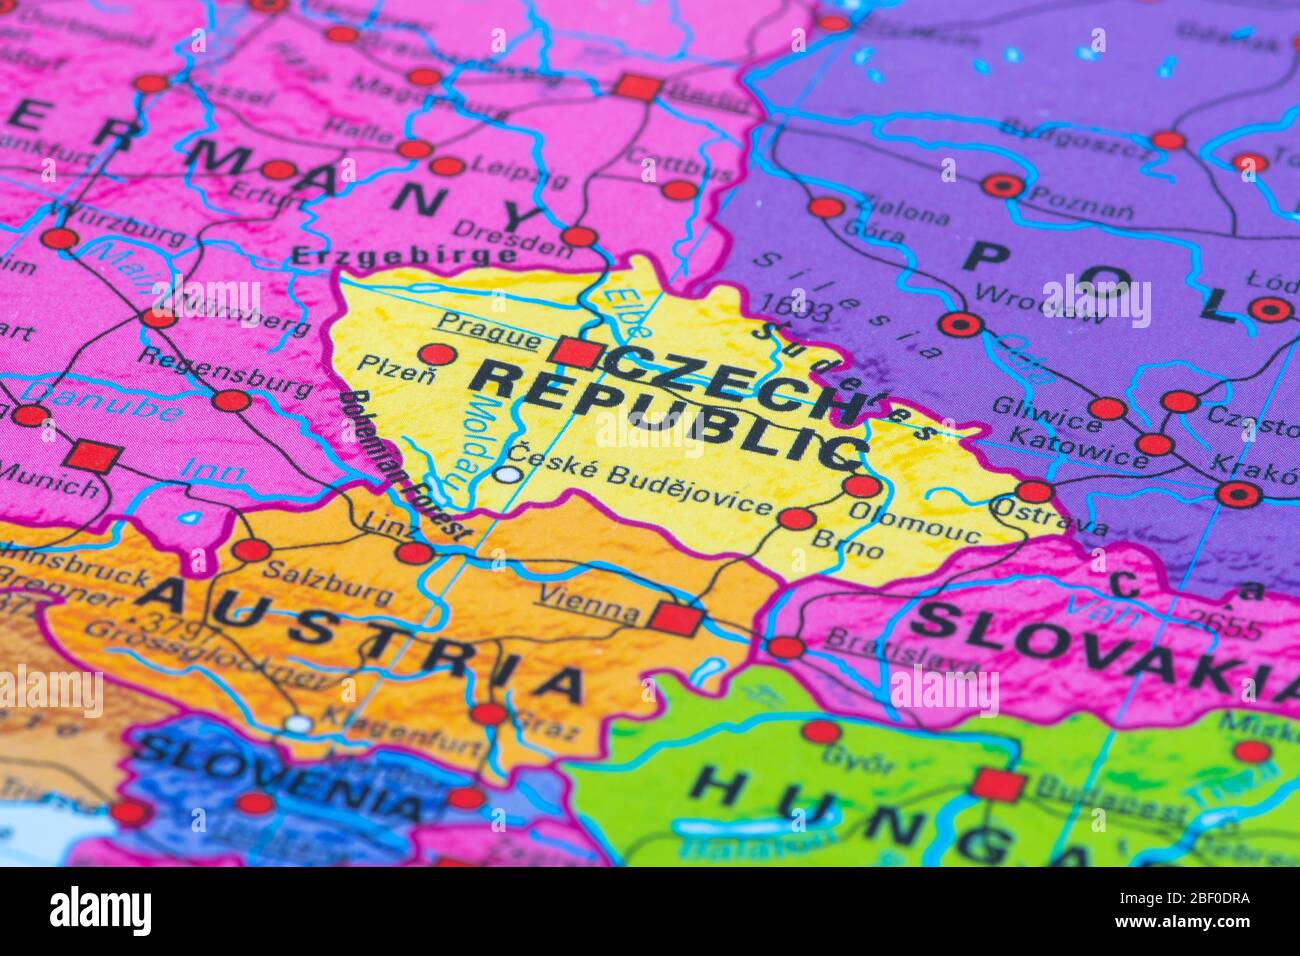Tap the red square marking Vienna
point(676,619)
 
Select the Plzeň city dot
point(437,353)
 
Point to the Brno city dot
point(796,518)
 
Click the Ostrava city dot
point(1034,491)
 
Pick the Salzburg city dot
point(251,550)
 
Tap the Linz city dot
point(414,553)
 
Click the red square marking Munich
point(95,456)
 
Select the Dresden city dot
point(579,237)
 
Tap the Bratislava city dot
point(785,647)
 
